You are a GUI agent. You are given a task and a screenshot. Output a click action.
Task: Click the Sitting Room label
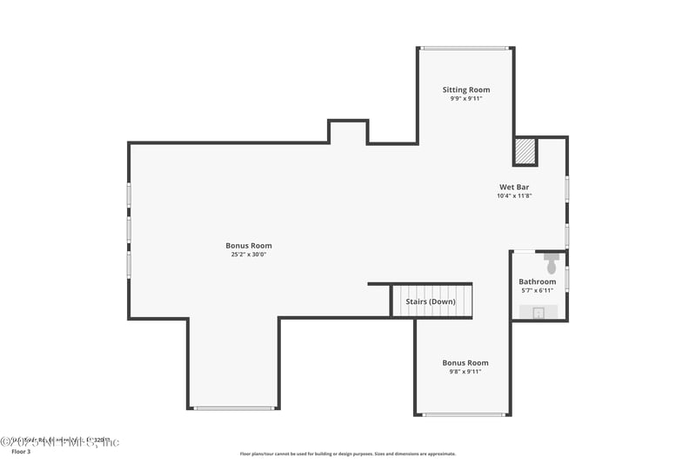(465, 89)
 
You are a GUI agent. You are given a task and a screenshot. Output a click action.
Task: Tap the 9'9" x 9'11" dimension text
(465, 99)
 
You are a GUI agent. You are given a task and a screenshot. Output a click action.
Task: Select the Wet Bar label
(513, 187)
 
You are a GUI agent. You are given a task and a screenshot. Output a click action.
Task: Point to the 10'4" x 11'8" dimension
(513, 196)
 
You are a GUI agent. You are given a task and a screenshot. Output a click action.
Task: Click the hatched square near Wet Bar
(525, 151)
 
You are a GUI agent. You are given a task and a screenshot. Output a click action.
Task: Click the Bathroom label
(537, 281)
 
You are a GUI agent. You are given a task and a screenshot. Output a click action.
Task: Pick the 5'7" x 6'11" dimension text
(537, 291)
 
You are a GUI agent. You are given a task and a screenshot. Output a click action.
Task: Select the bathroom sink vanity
(539, 312)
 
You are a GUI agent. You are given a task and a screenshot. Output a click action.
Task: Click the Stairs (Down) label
(430, 301)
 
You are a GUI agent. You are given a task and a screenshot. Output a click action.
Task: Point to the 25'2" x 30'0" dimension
(249, 255)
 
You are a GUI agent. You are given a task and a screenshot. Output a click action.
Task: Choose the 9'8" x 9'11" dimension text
(465, 372)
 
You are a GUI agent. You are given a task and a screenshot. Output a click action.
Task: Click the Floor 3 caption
(20, 453)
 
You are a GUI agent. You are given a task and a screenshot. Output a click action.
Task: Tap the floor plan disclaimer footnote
(347, 453)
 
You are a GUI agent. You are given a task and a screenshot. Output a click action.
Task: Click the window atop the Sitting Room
(464, 48)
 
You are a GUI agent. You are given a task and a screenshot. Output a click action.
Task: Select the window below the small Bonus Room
(464, 414)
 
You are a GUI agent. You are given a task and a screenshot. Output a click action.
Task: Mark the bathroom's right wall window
(567, 278)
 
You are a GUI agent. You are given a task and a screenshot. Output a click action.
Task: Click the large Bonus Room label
(249, 246)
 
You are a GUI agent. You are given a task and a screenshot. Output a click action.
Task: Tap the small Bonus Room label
(465, 362)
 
